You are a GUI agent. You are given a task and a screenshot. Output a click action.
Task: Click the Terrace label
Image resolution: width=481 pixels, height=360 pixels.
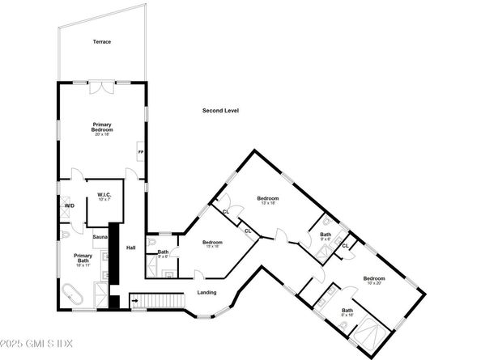pyautogui.click(x=101, y=41)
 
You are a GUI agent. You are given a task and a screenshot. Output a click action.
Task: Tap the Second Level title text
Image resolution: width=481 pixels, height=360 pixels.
pyautogui.click(x=220, y=110)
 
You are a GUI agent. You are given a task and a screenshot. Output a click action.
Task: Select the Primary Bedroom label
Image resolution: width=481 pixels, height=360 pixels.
pyautogui.click(x=101, y=127)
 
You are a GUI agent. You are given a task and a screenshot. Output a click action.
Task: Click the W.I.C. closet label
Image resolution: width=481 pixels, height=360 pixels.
pyautogui.click(x=104, y=195)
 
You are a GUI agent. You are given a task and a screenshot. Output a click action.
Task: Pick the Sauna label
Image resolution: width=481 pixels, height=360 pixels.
pyautogui.click(x=100, y=236)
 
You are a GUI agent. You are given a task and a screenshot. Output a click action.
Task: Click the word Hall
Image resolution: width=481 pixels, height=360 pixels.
pyautogui.click(x=130, y=248)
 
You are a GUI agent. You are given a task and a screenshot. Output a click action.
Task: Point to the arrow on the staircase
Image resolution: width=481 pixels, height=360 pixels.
pyautogui.click(x=134, y=302)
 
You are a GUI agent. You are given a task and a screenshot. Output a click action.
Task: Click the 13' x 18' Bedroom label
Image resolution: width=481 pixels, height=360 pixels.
pyautogui.click(x=267, y=200)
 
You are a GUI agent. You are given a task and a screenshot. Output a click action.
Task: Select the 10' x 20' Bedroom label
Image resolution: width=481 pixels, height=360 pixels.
pyautogui.click(x=373, y=280)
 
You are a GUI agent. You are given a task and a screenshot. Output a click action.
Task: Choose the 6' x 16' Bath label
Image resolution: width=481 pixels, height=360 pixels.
pyautogui.click(x=347, y=312)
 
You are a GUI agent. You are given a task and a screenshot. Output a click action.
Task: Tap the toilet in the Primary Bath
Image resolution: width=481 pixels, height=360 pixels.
pyautogui.click(x=64, y=235)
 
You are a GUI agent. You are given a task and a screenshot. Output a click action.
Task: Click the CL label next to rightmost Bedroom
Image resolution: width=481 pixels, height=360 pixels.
pyautogui.click(x=345, y=245)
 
